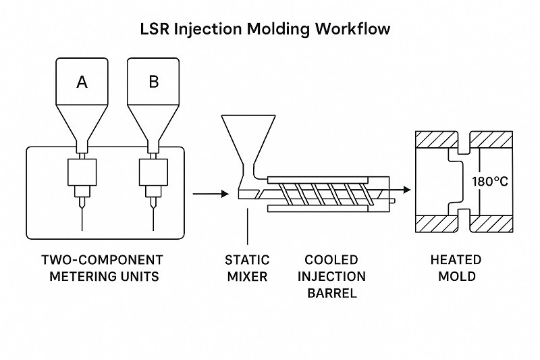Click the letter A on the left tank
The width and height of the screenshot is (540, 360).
click(82, 82)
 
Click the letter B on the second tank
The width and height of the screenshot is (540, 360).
click(153, 82)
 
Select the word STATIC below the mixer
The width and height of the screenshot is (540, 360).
click(247, 260)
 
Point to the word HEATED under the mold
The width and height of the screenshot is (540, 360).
click(456, 260)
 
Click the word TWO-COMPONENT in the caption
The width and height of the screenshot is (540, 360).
click(102, 260)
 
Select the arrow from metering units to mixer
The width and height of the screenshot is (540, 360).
click(210, 195)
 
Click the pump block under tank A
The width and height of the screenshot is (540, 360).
click(82, 174)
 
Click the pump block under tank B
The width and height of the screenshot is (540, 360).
click(153, 174)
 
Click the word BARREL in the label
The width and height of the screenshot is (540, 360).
click(331, 294)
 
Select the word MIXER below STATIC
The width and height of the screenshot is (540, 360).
click(247, 277)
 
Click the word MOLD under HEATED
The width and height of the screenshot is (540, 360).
click(456, 277)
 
